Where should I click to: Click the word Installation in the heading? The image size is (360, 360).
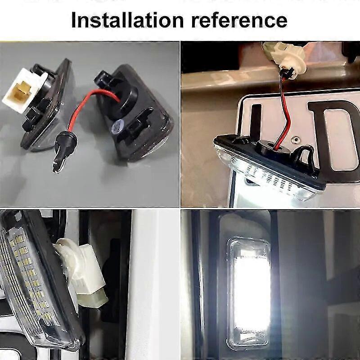click(127, 20)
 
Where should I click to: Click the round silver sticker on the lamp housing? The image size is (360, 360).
click(117, 127)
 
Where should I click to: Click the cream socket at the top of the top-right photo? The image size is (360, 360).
click(285, 58)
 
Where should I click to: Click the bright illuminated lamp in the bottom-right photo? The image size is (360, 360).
click(251, 292)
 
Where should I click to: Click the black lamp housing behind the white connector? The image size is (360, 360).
click(46, 106)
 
